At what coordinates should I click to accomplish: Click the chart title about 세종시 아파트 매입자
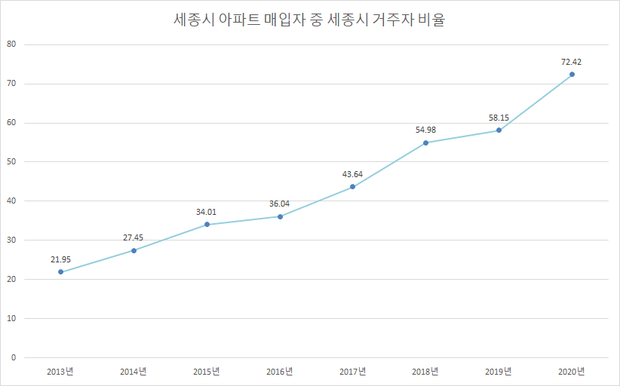click(309, 20)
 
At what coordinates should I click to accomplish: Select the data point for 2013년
click(61, 271)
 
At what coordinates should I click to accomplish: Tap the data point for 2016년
click(280, 216)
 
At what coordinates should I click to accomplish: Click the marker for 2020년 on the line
click(572, 74)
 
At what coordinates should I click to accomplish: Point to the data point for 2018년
click(425, 142)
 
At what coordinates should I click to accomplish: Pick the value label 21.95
click(61, 259)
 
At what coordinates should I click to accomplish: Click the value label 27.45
click(134, 237)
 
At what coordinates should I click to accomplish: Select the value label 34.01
click(207, 212)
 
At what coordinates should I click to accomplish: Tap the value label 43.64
click(352, 174)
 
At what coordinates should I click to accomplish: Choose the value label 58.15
click(499, 118)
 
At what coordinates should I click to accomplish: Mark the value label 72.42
click(572, 62)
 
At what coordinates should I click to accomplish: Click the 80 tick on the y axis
click(11, 44)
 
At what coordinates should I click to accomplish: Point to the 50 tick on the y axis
click(11, 162)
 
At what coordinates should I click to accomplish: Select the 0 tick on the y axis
click(14, 357)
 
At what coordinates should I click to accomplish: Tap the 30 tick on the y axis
click(11, 240)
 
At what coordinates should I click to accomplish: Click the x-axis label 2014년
click(134, 372)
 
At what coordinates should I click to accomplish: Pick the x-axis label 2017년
click(352, 372)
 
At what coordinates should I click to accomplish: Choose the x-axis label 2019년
click(499, 372)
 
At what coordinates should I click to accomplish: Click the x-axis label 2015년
click(207, 372)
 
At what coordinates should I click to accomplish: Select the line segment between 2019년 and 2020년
click(536, 103)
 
